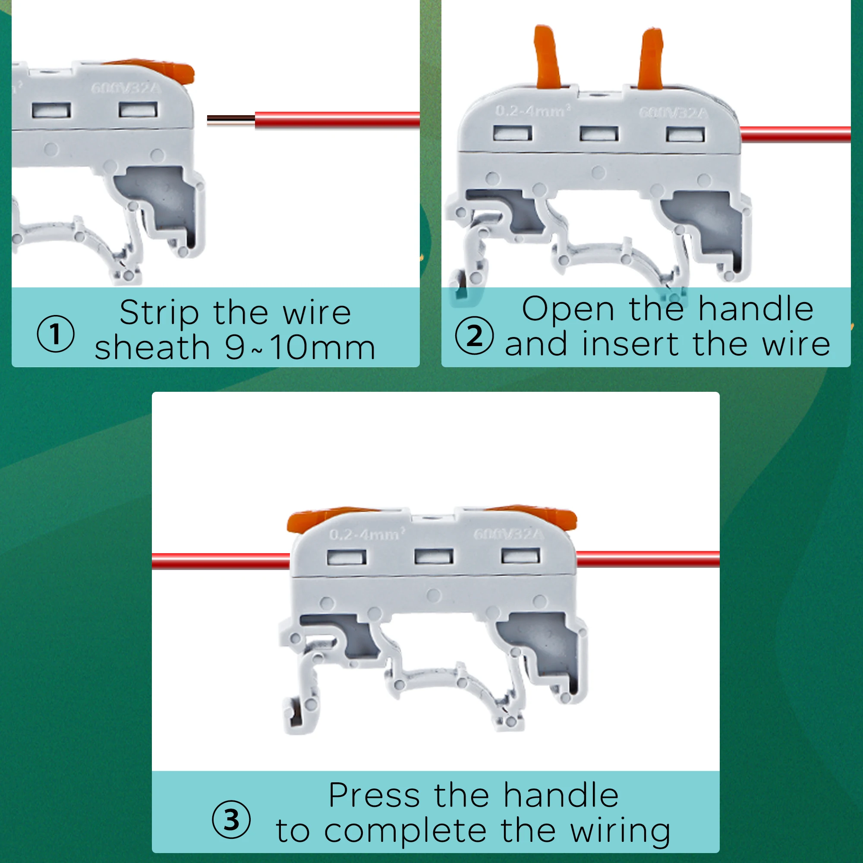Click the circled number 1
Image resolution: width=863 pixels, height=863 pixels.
tap(55, 334)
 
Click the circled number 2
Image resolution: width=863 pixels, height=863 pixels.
tap(474, 335)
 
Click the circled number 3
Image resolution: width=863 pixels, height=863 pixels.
tap(231, 819)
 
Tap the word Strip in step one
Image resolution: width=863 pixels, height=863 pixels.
tap(159, 313)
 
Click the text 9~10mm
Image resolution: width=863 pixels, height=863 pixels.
tap(300, 348)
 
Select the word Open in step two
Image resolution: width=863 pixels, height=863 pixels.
tap(568, 309)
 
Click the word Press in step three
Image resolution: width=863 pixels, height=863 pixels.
tap(374, 796)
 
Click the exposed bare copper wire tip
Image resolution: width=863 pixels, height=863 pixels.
tap(230, 119)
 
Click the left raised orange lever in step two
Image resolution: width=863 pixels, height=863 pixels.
tap(547, 56)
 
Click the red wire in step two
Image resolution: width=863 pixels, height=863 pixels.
tap(795, 134)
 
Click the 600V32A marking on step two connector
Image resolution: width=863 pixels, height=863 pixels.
tap(674, 113)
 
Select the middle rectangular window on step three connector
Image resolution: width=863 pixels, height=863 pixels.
tap(433, 557)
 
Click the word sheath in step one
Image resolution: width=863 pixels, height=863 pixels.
tap(152, 348)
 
